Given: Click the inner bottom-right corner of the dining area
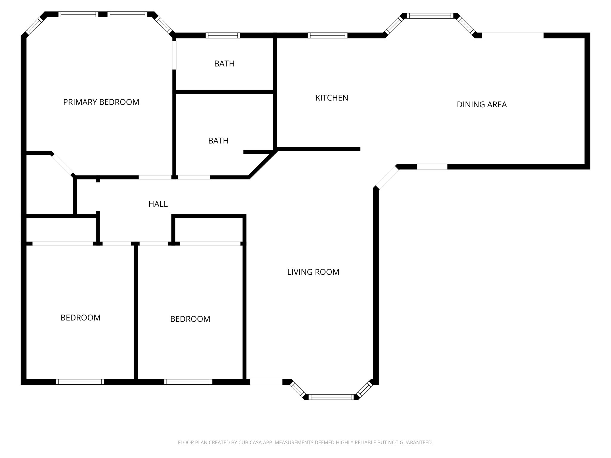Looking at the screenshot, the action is pyautogui.click(x=584, y=164).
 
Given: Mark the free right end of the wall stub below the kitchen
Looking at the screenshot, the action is pyautogui.click(x=360, y=149).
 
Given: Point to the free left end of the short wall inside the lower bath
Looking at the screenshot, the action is pyautogui.click(x=244, y=152).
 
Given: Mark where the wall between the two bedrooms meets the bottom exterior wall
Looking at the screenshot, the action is pyautogui.click(x=136, y=379).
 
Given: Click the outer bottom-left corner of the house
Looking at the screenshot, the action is pyautogui.click(x=21, y=384).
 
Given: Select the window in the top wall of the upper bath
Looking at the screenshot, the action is pyautogui.click(x=223, y=35).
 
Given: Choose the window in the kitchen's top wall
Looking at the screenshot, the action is pyautogui.click(x=328, y=35).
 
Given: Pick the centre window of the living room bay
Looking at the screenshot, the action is pyautogui.click(x=331, y=397).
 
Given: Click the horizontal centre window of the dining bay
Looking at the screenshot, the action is pyautogui.click(x=430, y=16).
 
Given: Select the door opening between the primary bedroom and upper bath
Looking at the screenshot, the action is pyautogui.click(x=175, y=55).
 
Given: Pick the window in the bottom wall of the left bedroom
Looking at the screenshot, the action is pyautogui.click(x=80, y=382).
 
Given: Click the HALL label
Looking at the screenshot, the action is pyautogui.click(x=158, y=204).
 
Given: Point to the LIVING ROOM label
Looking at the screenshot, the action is pyautogui.click(x=313, y=272).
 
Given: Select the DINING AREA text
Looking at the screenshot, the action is pyautogui.click(x=482, y=105).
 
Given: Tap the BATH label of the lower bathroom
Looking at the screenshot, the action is pyautogui.click(x=218, y=141).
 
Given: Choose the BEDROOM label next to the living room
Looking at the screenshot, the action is pyautogui.click(x=190, y=319).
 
